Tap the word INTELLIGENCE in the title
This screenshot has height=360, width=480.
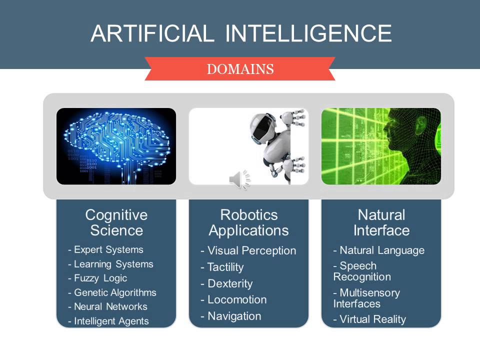coord(308,33)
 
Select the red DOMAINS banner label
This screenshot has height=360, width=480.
coord(240,69)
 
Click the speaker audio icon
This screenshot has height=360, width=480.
coord(238,179)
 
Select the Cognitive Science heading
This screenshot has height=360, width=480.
coord(116,222)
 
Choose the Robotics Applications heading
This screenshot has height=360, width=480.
coord(248,222)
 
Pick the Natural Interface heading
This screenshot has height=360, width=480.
coord(381,222)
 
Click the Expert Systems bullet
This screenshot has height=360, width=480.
coord(105,249)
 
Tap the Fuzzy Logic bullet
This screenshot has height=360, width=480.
coord(97,278)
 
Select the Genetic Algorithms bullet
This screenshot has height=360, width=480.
coord(112,292)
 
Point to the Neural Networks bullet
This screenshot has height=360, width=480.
coord(107,306)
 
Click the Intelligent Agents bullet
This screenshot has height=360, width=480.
coord(108,321)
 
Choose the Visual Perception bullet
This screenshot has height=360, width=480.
coord(248,250)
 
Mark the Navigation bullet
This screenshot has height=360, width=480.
coord(230,316)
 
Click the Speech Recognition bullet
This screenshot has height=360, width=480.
coord(362,271)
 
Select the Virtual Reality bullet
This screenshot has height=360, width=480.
coord(369,319)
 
